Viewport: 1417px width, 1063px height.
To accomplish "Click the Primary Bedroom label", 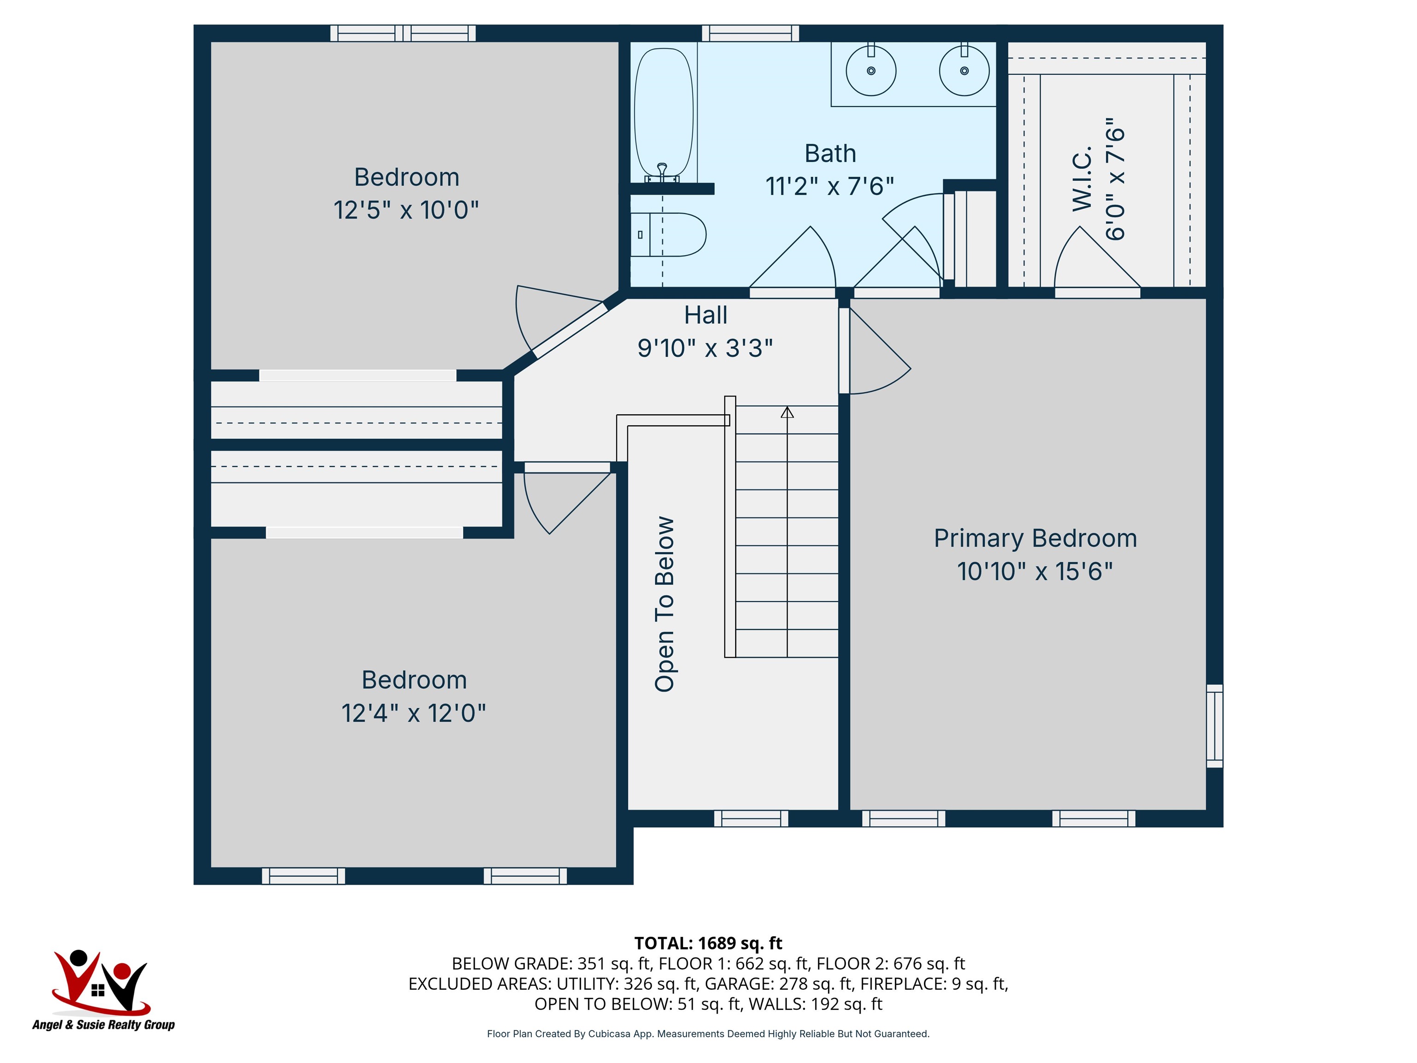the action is point(1035,538).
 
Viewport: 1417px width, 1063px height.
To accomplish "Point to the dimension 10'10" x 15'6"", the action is point(1035,571).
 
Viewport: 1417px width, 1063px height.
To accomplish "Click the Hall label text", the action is point(705,315).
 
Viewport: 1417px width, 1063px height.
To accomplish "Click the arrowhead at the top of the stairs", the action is point(787,412).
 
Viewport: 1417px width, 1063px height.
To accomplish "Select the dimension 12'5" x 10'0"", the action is point(406,209).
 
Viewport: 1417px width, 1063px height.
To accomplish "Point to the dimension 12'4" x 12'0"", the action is point(414,712).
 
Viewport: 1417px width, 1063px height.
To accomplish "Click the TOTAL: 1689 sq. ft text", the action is point(708,943).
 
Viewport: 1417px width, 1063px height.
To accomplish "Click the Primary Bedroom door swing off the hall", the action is point(876,351).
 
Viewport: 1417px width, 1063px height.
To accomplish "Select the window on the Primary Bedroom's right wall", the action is point(1215,726).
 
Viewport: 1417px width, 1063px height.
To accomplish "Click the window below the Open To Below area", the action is point(751,818).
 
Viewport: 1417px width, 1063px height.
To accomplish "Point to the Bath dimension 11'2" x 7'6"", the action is point(829,186).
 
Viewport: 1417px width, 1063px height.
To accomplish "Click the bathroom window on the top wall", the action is point(750,33).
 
